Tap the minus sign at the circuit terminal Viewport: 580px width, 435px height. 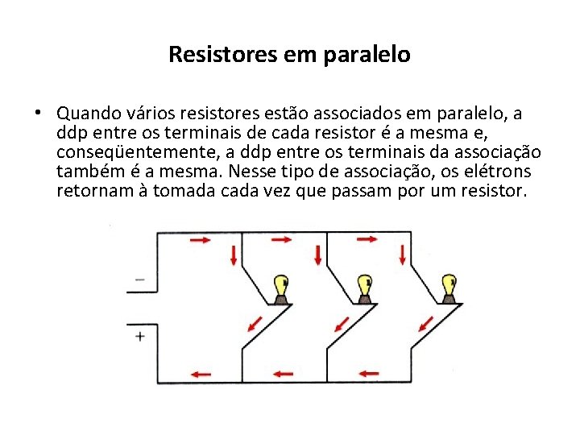coord(140,280)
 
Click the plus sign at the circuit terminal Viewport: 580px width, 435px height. coord(140,336)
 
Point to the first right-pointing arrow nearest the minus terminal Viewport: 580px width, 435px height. coord(200,240)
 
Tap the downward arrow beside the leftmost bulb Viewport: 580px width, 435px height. coord(234,257)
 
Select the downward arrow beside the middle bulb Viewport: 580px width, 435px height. coord(318,255)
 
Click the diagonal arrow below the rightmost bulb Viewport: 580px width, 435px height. coord(420,323)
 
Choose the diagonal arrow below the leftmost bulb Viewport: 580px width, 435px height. coord(254,323)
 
